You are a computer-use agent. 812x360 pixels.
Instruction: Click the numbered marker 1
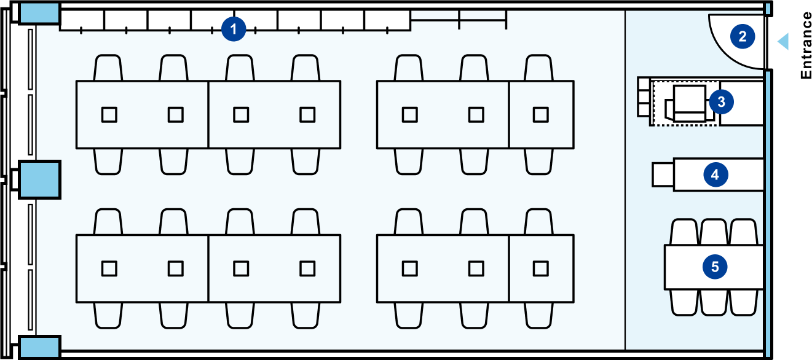tap(234, 29)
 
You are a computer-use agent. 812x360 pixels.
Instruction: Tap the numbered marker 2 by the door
tap(743, 37)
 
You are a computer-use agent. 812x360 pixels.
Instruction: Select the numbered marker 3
tap(722, 102)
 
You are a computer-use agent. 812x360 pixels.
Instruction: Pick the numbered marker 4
tap(715, 174)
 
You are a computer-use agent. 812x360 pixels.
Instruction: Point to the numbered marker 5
tap(715, 267)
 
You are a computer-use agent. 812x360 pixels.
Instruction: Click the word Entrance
tap(805, 45)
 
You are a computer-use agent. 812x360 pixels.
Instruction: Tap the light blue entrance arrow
tap(783, 42)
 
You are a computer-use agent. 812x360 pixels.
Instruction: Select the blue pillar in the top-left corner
tap(39, 14)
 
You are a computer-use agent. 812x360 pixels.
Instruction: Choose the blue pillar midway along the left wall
tap(39, 179)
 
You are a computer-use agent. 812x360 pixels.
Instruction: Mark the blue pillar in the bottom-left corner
tap(39, 347)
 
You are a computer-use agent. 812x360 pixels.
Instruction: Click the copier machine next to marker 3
tap(688, 103)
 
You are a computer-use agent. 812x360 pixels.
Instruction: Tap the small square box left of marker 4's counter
tap(663, 174)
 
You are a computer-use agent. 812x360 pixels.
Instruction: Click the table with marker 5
tap(714, 267)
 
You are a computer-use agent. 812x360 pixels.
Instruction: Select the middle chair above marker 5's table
tap(714, 232)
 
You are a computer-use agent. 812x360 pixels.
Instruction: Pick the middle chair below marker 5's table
tap(714, 302)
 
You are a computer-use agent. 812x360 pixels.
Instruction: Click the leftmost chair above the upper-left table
tap(108, 68)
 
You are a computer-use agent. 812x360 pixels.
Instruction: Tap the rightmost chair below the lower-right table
tap(538, 315)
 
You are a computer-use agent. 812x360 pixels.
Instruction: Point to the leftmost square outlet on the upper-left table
tap(109, 115)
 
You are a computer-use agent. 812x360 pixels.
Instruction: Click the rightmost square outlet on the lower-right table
tap(540, 268)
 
